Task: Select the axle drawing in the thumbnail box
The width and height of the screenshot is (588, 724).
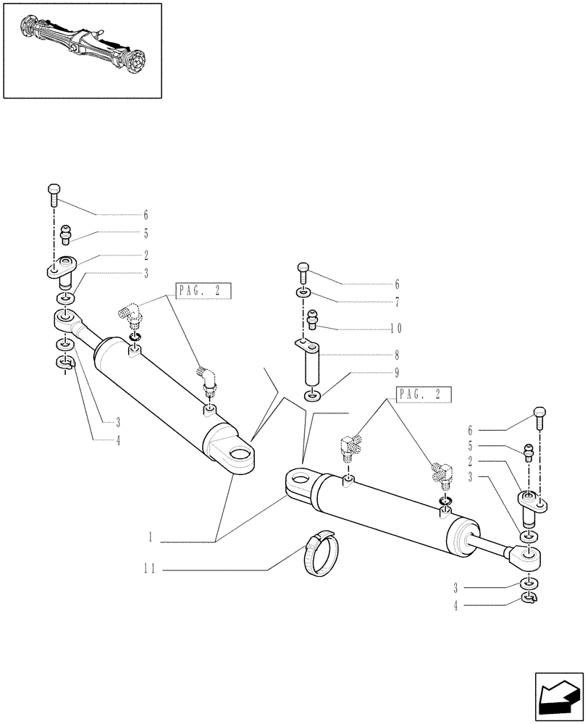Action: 82,49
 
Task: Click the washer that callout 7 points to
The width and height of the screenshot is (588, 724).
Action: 303,293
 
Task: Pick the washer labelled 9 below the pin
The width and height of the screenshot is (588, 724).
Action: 311,395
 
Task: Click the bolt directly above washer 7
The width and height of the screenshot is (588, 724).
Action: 303,273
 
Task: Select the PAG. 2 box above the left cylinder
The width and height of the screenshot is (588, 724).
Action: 203,292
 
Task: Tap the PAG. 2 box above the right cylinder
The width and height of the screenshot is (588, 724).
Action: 424,395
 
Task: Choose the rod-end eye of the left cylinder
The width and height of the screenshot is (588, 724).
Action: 66,318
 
